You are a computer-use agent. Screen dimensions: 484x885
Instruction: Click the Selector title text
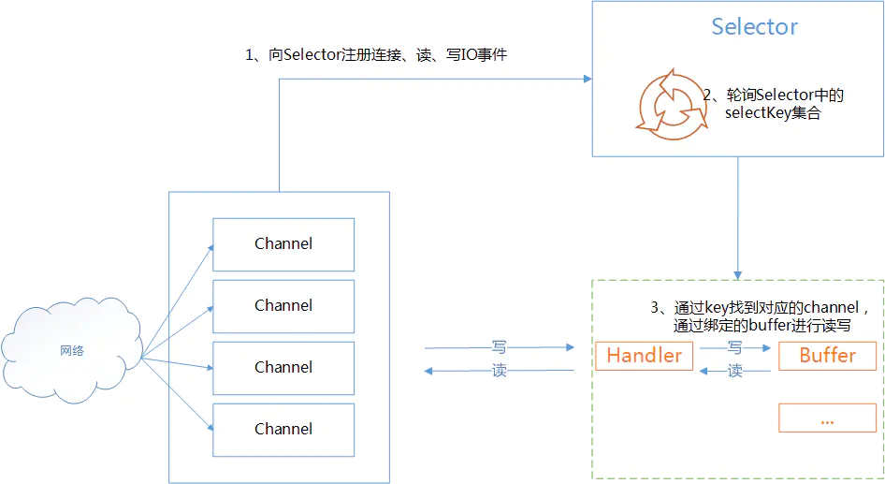[x=754, y=27]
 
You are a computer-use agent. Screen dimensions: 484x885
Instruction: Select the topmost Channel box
[x=283, y=244]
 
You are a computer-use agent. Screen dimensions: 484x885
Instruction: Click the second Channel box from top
[x=283, y=306]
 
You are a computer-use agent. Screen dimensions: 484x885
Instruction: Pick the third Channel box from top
[x=283, y=368]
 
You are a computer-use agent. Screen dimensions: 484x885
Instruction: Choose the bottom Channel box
[x=283, y=430]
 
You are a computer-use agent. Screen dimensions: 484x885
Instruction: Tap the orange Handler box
[x=644, y=356]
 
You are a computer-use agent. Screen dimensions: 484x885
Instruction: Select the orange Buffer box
[x=827, y=356]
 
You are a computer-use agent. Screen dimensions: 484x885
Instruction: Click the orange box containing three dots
[x=827, y=418]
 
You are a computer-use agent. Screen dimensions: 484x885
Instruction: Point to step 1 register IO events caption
[x=376, y=55]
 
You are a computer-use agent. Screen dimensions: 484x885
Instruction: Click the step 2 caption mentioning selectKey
[x=774, y=104]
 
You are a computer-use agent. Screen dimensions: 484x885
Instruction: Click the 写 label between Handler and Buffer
[x=735, y=346]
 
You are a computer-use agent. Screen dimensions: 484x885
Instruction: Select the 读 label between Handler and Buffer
[x=735, y=371]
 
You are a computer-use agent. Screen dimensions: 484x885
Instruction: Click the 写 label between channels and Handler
[x=500, y=346]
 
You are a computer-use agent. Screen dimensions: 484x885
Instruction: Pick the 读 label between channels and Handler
[x=500, y=371]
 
